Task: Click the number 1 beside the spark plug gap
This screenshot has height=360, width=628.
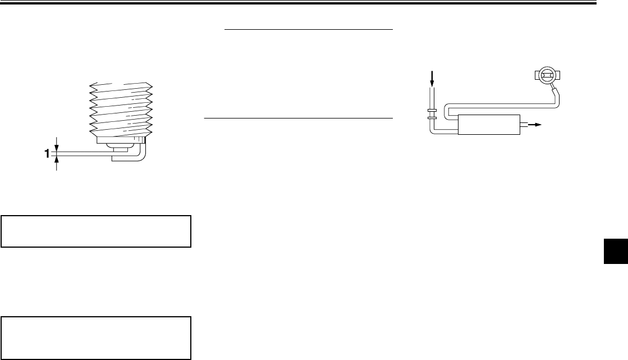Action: pyautogui.click(x=48, y=153)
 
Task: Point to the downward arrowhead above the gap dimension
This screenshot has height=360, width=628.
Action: pyautogui.click(x=57, y=145)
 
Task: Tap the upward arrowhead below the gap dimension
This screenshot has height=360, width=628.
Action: pyautogui.click(x=57, y=160)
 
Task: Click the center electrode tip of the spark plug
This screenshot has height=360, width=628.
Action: pyautogui.click(x=120, y=149)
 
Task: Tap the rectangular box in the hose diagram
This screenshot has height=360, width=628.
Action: pyautogui.click(x=488, y=124)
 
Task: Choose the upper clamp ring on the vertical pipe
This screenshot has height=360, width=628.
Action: pyautogui.click(x=432, y=110)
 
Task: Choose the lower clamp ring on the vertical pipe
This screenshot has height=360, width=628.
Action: pyautogui.click(x=432, y=119)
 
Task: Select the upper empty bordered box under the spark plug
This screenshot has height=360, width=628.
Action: pyautogui.click(x=97, y=231)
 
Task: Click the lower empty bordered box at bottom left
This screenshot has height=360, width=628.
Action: pyautogui.click(x=97, y=338)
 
